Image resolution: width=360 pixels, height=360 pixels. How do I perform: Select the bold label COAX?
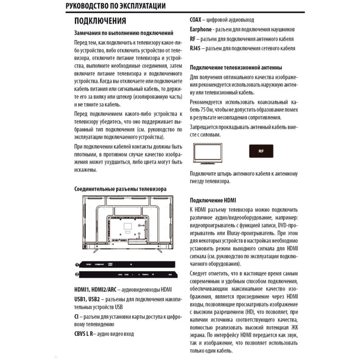[x=195, y=20]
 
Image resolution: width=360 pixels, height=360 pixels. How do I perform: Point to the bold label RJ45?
[x=195, y=48]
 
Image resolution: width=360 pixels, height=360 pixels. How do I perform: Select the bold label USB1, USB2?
[x=87, y=299]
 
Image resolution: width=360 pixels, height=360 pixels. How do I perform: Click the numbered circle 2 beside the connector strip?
[x=77, y=275]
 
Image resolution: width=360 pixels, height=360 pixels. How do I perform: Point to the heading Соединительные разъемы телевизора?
[x=120, y=189]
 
